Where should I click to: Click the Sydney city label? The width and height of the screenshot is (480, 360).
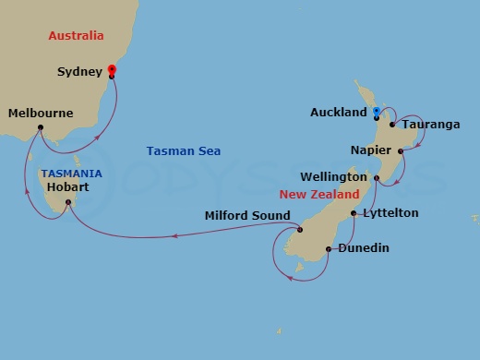pos(79,70)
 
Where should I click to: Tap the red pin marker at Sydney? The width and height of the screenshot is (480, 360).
pos(112,69)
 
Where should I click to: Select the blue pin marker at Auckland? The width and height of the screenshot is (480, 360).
pos(376,113)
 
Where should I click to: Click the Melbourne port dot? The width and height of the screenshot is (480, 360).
pos(41,127)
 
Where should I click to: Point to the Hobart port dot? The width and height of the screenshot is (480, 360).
pos(68,201)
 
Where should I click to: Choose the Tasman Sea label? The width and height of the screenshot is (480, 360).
pos(184,150)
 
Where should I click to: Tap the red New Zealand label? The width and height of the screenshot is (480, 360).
pos(319,195)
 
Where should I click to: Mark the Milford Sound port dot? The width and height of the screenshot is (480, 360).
pos(300,230)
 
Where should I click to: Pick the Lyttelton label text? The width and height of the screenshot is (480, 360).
pos(390,213)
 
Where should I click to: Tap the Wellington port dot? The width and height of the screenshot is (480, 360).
pos(377,177)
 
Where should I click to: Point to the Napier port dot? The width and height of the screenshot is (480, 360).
pos(401,150)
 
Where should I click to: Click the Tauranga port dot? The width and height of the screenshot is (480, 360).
pos(392,124)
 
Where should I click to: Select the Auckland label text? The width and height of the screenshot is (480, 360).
pos(339,113)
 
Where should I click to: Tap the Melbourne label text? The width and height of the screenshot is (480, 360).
pos(40,114)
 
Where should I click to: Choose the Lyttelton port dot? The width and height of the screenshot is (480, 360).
pos(354,213)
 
